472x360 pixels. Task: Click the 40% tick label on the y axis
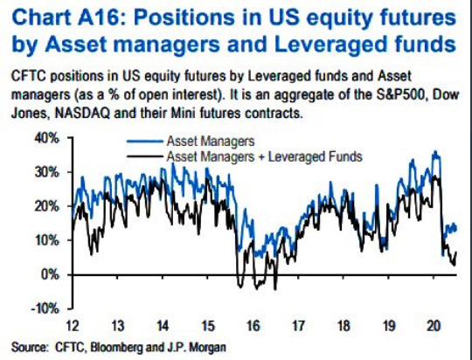[x=47, y=139]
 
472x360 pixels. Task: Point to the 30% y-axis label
[x=47, y=173]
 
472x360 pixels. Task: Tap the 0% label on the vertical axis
[x=51, y=275]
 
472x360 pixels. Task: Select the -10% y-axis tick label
[x=45, y=309]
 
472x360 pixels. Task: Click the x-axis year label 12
[x=73, y=326]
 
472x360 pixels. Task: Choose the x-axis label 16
[x=253, y=326]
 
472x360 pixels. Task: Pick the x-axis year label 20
[x=434, y=326]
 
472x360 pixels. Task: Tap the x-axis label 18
[x=344, y=326]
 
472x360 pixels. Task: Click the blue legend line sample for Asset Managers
[x=145, y=142]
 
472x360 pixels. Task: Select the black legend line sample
[x=145, y=156]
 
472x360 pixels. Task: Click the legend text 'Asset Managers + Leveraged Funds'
[x=264, y=156]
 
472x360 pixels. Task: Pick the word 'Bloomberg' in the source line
[x=117, y=348]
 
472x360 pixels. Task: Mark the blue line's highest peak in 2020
[x=434, y=151]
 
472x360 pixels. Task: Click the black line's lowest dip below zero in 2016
[x=274, y=289]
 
